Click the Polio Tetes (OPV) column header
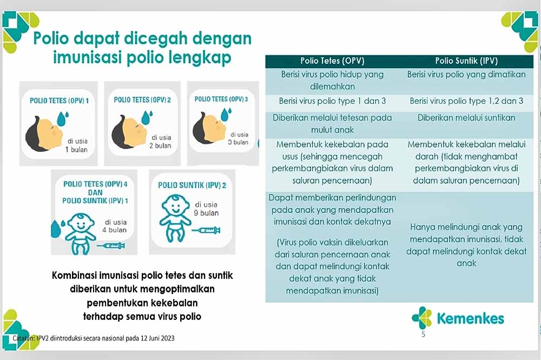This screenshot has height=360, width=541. click(x=332, y=61)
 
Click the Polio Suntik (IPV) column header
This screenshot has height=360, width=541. click(x=466, y=61)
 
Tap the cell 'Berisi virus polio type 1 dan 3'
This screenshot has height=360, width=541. click(x=332, y=101)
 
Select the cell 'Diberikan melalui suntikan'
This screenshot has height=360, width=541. click(x=466, y=118)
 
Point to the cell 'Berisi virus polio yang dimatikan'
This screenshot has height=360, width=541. click(x=466, y=75)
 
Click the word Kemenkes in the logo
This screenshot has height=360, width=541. click(x=470, y=318)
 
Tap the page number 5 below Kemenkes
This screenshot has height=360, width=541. click(x=424, y=334)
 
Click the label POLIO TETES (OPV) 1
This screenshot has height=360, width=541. click(x=59, y=101)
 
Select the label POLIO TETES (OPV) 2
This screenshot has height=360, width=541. click(x=142, y=100)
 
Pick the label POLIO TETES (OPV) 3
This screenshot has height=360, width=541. click(x=221, y=99)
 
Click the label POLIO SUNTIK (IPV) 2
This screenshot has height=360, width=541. click(x=192, y=185)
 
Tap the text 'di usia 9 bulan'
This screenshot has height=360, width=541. click(x=206, y=209)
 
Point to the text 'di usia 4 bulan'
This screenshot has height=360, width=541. click(x=115, y=226)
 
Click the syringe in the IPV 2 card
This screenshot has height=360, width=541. click(x=206, y=230)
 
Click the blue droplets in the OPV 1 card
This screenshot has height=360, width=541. click(x=63, y=118)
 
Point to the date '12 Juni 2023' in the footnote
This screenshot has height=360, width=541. click(x=157, y=338)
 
